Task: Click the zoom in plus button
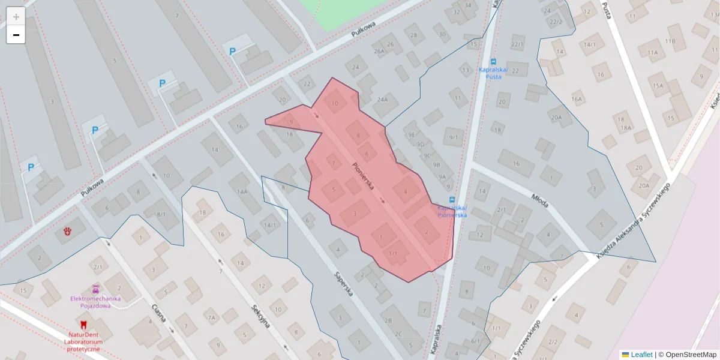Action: pyautogui.click(x=16, y=17)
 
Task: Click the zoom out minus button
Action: pyautogui.click(x=16, y=35)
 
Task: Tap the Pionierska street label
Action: pyautogui.click(x=364, y=176)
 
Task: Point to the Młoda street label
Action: pyautogui.click(x=540, y=200)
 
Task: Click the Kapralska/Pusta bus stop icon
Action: pyautogui.click(x=493, y=61)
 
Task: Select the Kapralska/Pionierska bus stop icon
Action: pyautogui.click(x=452, y=200)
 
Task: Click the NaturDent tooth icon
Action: pyautogui.click(x=83, y=325)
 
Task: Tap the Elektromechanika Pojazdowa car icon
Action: pyautogui.click(x=95, y=289)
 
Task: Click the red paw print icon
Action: pyautogui.click(x=67, y=230)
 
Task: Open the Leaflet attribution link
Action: pyautogui.click(x=641, y=355)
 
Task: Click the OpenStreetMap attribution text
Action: pyautogui.click(x=691, y=355)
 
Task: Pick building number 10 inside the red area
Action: pyautogui.click(x=335, y=103)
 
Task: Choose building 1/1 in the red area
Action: pyautogui.click(x=394, y=254)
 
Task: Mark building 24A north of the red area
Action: pyautogui.click(x=383, y=100)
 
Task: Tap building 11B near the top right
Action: pyautogui.click(x=670, y=41)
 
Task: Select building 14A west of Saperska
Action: pyautogui.click(x=242, y=191)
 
